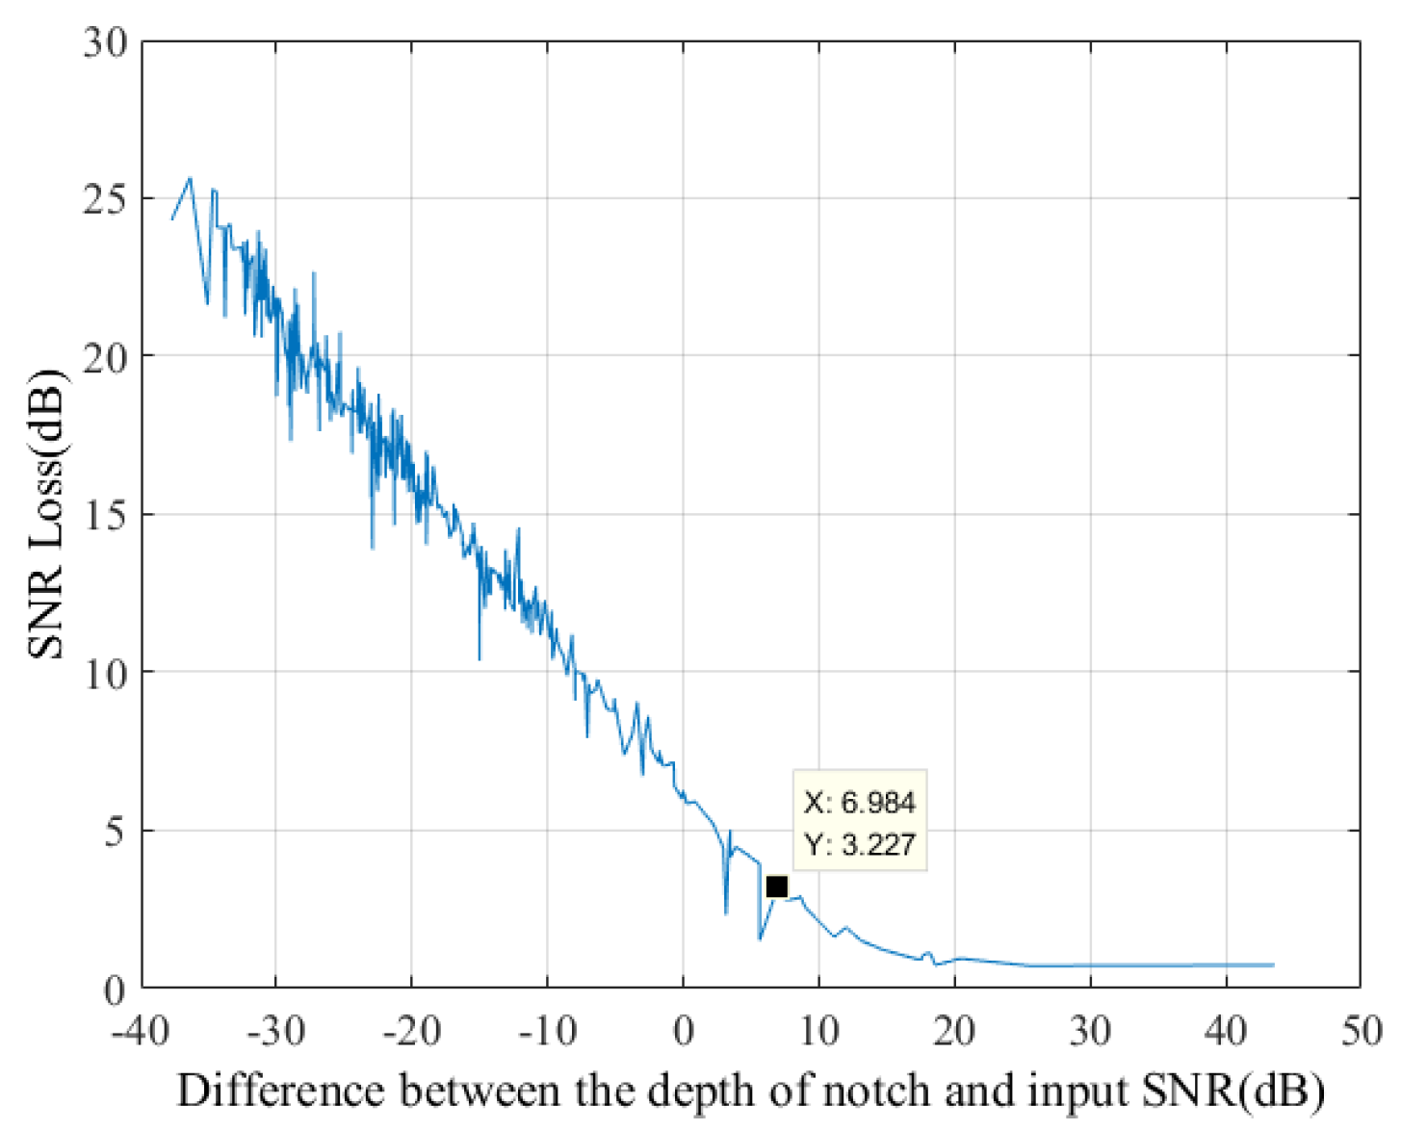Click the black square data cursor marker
(776, 886)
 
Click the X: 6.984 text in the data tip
(859, 802)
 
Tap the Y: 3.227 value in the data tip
(859, 844)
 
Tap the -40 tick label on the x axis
(142, 1031)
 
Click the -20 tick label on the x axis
(411, 1031)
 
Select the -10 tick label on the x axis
(547, 1031)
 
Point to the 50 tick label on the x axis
(1361, 1031)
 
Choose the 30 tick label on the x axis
(1090, 1031)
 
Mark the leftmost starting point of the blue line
(172, 219)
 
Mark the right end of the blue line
(1273, 964)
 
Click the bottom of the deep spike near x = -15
(480, 659)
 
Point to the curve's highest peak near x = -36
(190, 178)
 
